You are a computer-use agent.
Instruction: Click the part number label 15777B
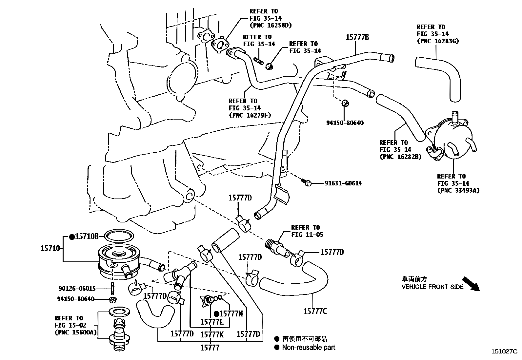[357, 37]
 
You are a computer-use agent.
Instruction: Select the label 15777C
[315, 311]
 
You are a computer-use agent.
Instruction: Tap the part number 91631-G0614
[343, 183]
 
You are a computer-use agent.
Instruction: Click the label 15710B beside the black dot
[87, 236]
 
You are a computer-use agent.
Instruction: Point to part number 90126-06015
[77, 289]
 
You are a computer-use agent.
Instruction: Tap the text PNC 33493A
[458, 190]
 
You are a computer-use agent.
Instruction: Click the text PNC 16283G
[437, 41]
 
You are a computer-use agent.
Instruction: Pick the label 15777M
[231, 313]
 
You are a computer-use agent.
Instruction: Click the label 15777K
[212, 334]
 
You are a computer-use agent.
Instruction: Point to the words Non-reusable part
[309, 348]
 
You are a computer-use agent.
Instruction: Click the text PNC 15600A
[75, 332]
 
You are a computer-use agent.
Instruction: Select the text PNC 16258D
[270, 25]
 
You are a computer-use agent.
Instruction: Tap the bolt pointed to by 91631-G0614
[306, 182]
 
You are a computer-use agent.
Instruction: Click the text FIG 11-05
[307, 235]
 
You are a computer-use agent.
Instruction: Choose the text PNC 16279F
[250, 115]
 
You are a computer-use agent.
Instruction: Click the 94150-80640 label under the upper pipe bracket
[345, 123]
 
